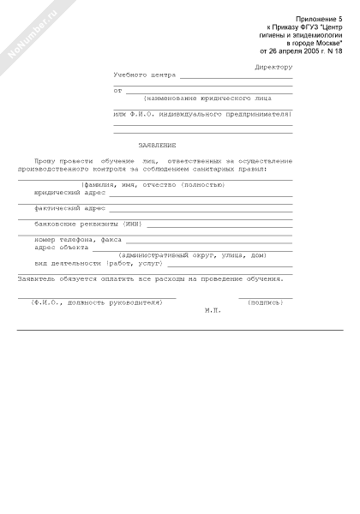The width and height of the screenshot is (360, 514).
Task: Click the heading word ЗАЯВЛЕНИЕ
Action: click(157, 145)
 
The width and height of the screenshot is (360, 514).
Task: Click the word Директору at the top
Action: click(273, 67)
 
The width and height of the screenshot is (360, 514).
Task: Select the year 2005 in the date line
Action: click(301, 49)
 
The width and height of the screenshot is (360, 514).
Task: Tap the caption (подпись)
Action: click(265, 302)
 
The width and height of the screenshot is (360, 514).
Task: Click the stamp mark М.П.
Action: click(213, 310)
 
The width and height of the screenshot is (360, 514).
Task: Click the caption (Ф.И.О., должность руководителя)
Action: click(96, 302)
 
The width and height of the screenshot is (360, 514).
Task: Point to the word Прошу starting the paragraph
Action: click(44, 160)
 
